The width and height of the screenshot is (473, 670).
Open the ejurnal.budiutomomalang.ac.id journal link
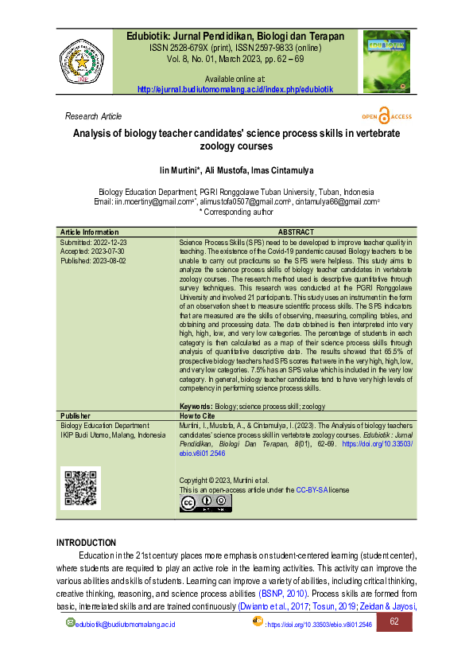point(235,90)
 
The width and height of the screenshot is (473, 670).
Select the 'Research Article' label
point(93,116)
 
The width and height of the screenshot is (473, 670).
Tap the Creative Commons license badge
point(204,504)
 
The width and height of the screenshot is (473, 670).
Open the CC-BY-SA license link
point(312,490)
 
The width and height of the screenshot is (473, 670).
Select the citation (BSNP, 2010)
point(283,594)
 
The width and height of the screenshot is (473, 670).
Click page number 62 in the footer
point(394,622)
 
